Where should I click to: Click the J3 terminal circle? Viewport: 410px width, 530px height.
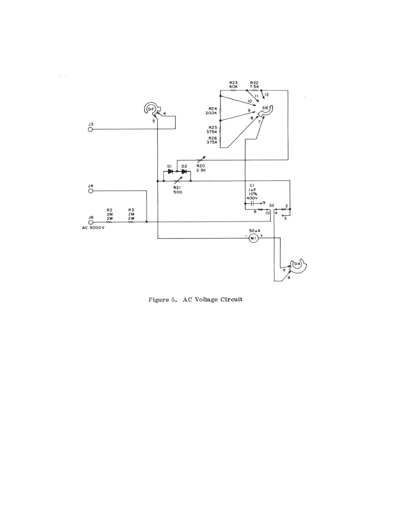coord(90,129)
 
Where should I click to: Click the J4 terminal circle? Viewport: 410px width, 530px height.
coord(90,191)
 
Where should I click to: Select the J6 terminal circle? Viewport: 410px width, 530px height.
coord(90,222)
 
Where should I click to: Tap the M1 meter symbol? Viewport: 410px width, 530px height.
coord(253,238)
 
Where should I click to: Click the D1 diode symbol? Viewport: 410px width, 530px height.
coord(170,172)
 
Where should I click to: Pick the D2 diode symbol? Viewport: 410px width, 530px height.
coord(184,172)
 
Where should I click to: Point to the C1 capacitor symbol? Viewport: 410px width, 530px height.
coord(253,203)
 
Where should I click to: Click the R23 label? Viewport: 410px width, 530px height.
coord(233,83)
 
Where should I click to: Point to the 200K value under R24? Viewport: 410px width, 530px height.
coord(211,113)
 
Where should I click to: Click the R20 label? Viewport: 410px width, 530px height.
coord(201,166)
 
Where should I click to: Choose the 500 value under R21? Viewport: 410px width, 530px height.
coord(178,192)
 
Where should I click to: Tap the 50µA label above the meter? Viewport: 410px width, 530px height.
coord(255,231)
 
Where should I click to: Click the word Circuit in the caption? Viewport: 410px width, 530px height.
coord(231,299)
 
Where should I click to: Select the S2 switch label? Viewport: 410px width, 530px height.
coord(272,205)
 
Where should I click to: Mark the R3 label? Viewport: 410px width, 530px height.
coord(131,210)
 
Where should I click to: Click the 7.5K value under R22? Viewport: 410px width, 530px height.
coord(255,87)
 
